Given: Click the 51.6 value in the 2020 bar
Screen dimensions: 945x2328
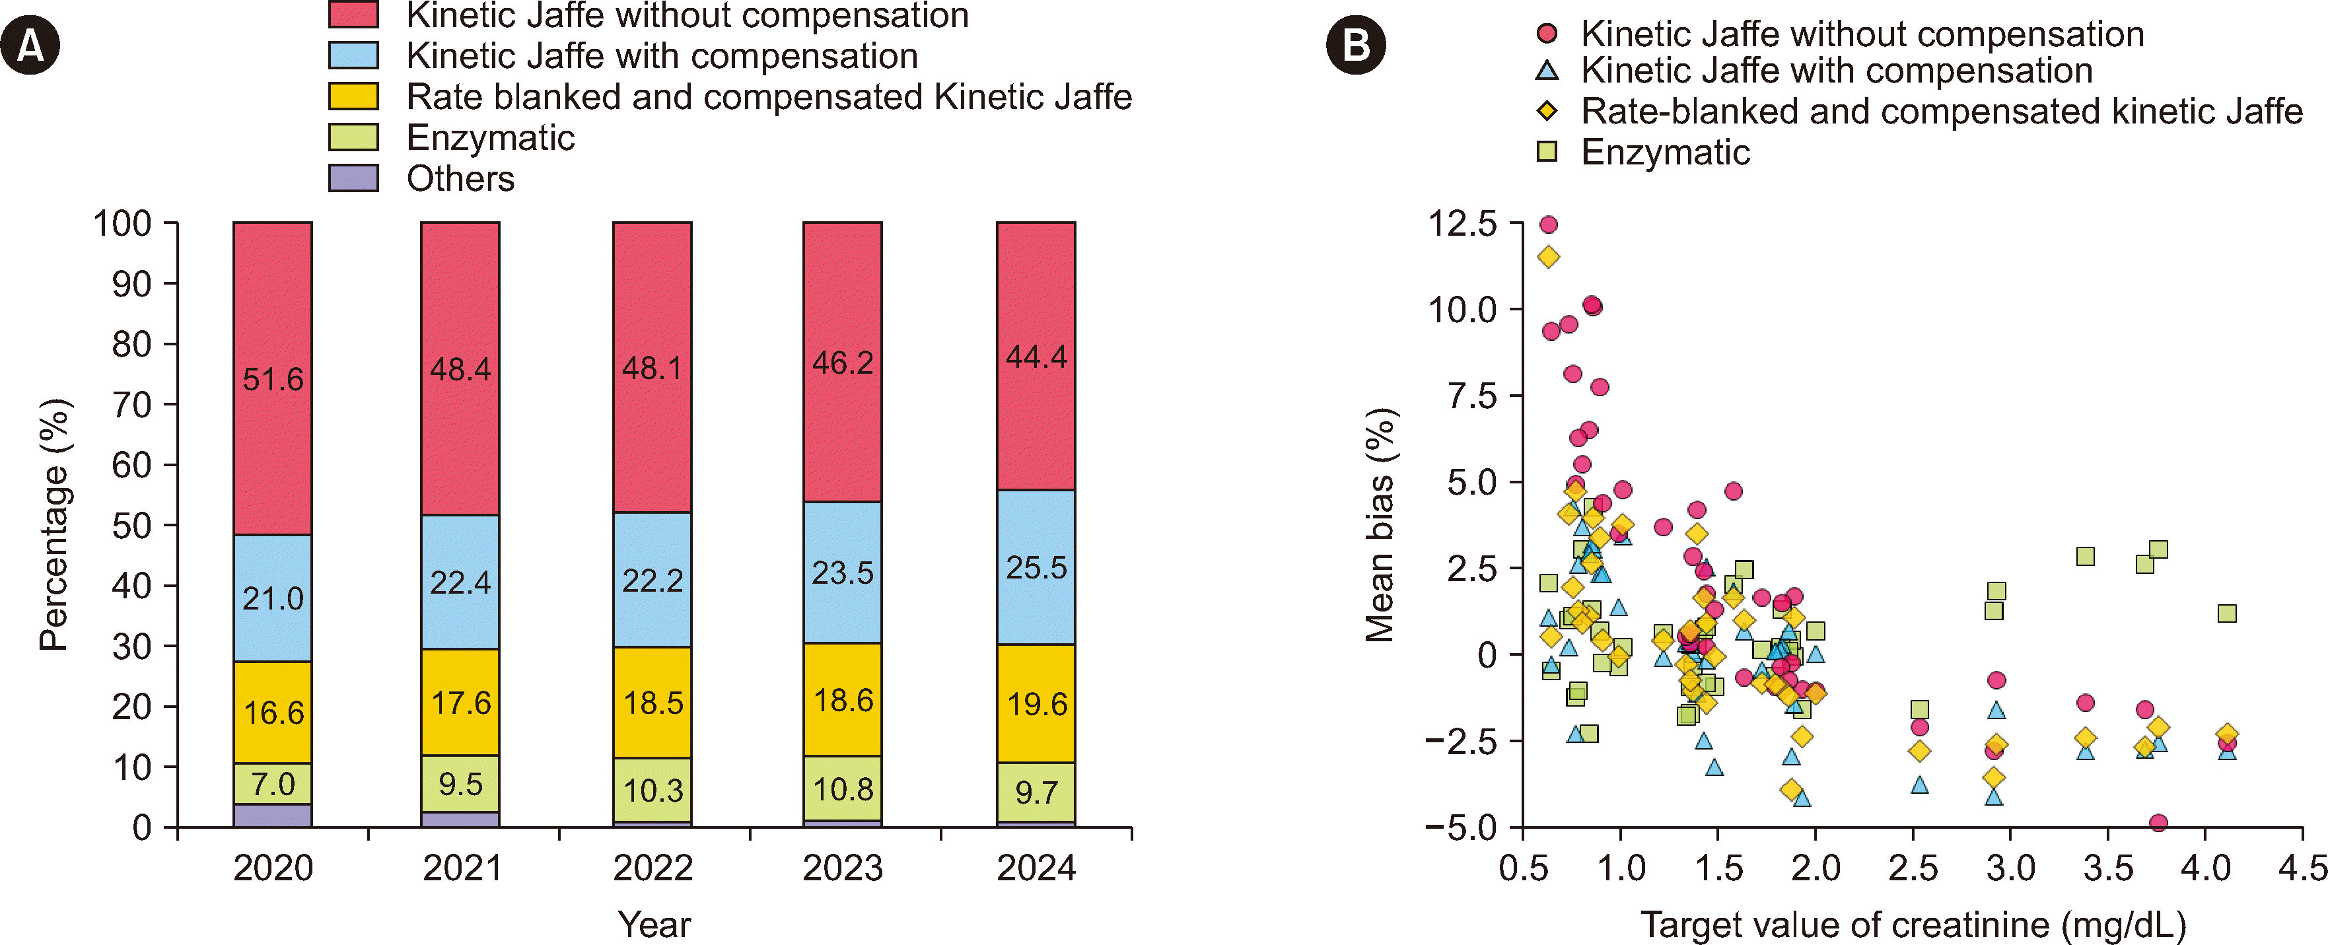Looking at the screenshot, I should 273,380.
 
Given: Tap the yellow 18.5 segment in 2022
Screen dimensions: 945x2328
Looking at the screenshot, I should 653,703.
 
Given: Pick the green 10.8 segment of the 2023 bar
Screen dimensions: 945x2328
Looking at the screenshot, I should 842,788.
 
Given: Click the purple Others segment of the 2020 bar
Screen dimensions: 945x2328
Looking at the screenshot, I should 273,815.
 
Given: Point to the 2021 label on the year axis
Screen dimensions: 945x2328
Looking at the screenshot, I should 462,868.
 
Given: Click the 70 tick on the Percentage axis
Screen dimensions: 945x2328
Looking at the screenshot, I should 132,405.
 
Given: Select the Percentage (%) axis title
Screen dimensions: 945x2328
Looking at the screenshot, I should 54,524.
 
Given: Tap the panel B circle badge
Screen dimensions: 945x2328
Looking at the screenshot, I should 1356,45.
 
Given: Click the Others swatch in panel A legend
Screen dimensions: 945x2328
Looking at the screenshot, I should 353,178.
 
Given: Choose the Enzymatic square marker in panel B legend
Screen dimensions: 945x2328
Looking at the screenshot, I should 1547,152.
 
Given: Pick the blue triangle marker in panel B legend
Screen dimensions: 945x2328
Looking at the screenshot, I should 1547,69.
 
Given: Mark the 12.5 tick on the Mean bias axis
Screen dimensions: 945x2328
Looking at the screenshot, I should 1462,223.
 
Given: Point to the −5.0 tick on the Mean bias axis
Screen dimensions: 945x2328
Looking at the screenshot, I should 1460,827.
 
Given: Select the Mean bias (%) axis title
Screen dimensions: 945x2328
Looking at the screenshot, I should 1380,524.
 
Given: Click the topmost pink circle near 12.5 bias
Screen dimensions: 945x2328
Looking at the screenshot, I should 1548,224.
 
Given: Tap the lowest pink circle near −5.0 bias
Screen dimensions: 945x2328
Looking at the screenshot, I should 2158,822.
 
